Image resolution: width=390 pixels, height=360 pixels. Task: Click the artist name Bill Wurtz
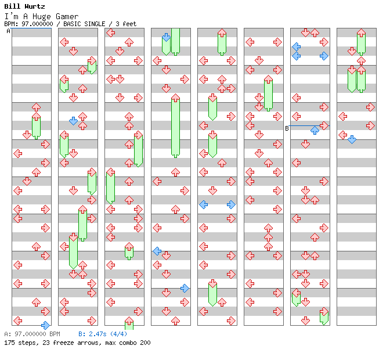click(24, 7)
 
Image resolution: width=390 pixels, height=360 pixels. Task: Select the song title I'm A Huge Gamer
click(41, 16)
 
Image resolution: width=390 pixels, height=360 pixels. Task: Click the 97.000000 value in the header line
click(38, 24)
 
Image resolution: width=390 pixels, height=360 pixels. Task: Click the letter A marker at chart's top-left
click(8, 31)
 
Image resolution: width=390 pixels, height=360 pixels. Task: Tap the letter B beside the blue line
click(287, 128)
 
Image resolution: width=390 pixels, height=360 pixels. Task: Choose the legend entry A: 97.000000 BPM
click(32, 334)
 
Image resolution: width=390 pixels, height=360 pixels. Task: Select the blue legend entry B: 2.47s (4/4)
click(103, 334)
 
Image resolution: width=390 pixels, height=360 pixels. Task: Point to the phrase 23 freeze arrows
click(65, 343)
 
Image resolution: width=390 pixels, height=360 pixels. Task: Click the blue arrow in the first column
click(45, 325)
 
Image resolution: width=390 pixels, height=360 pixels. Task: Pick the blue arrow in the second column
click(73, 121)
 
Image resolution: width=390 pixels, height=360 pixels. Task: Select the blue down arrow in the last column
click(352, 139)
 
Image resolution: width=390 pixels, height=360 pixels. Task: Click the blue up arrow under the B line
click(315, 130)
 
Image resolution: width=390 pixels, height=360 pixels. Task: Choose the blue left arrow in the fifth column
click(203, 204)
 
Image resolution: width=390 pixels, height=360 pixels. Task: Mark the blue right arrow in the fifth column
click(231, 204)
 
